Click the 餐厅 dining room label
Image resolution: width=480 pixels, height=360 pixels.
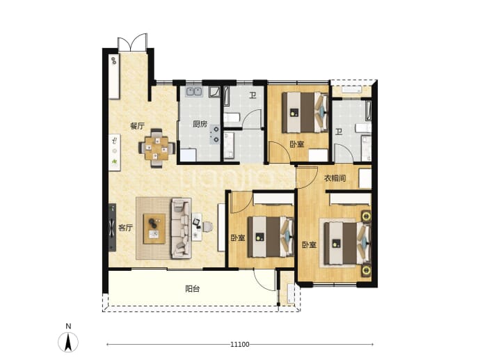[137, 126]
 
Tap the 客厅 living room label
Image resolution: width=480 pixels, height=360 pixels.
[125, 228]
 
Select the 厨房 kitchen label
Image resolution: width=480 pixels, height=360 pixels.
[200, 124]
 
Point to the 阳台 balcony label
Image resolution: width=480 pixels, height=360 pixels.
[193, 288]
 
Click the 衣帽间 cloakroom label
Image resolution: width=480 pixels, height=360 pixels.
[335, 178]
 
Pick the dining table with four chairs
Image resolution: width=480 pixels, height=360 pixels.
[157, 148]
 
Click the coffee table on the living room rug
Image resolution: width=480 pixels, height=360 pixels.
[154, 229]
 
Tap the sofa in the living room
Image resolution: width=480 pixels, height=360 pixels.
[181, 228]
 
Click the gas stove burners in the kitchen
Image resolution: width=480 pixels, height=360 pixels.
[215, 135]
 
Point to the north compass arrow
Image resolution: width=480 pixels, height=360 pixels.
[68, 341]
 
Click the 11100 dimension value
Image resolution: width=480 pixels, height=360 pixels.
[240, 345]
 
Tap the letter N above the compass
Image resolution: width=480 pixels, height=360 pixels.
[68, 326]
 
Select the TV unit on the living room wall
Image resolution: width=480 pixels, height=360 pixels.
[112, 228]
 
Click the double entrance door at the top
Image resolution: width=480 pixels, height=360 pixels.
[132, 42]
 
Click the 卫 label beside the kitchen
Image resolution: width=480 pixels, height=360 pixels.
[253, 95]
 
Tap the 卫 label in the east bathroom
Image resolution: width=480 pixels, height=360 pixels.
[338, 132]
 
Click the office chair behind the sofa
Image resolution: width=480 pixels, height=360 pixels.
[207, 227]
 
